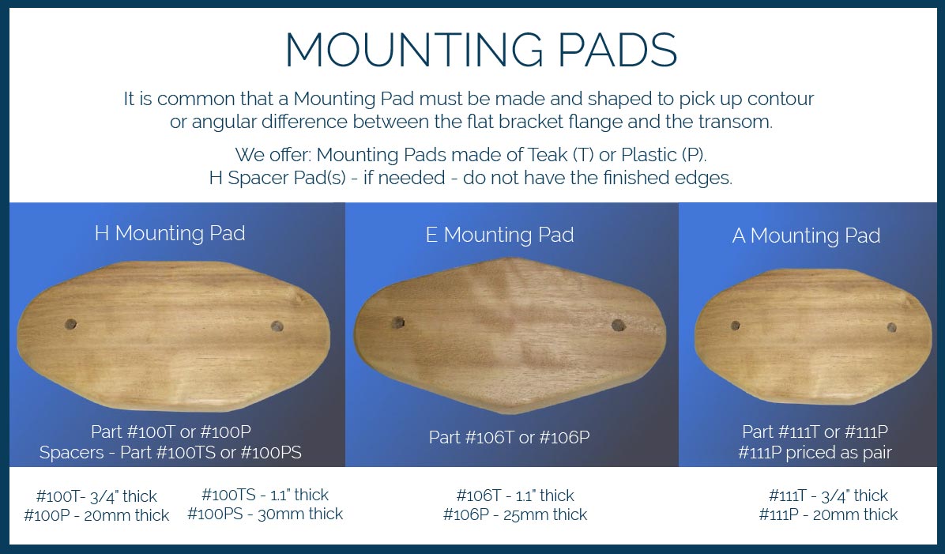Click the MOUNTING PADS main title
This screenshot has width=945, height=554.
(481, 50)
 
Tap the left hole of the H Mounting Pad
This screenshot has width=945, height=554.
(70, 324)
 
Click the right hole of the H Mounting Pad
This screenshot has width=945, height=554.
(277, 326)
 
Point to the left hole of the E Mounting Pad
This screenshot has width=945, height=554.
(397, 322)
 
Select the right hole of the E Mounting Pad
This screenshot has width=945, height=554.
(619, 326)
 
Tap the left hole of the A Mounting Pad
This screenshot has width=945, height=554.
(736, 326)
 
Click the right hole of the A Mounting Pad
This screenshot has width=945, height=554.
(892, 328)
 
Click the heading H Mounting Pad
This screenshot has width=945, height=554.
(170, 233)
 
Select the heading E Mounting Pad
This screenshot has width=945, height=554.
(499, 235)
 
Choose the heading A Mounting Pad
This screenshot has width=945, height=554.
(807, 235)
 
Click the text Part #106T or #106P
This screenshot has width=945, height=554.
(510, 437)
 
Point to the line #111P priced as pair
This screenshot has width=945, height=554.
(815, 452)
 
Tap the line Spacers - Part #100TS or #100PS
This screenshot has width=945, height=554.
(171, 452)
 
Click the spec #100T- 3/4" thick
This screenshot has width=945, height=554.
(96, 496)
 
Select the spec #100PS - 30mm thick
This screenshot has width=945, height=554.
(265, 514)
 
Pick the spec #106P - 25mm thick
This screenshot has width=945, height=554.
(515, 514)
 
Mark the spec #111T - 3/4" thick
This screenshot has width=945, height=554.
(828, 496)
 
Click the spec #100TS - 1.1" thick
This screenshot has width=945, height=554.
(265, 495)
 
